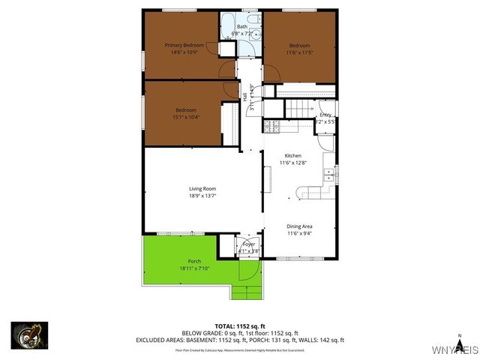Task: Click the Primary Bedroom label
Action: tap(184, 49)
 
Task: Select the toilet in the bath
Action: tap(254, 19)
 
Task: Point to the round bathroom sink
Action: tap(255, 34)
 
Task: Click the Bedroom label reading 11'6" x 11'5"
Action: tap(299, 49)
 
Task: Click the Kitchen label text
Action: tap(292, 159)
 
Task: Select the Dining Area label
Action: tap(299, 229)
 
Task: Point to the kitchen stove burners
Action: tap(271, 127)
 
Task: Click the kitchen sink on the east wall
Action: tap(328, 177)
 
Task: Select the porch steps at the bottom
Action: tap(248, 292)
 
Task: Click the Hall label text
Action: tap(245, 96)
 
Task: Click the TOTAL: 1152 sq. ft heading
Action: tap(239, 325)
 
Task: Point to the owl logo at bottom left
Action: tap(29, 335)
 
